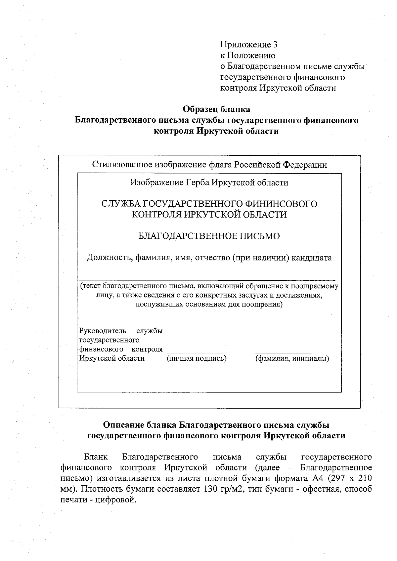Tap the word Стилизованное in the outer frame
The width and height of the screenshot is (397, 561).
point(121,165)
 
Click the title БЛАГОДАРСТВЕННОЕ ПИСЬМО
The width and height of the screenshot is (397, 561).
point(209,236)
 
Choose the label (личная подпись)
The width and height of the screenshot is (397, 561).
point(197,358)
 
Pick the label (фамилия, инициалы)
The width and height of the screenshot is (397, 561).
point(292,358)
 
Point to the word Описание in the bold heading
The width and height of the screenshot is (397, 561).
point(122,425)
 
